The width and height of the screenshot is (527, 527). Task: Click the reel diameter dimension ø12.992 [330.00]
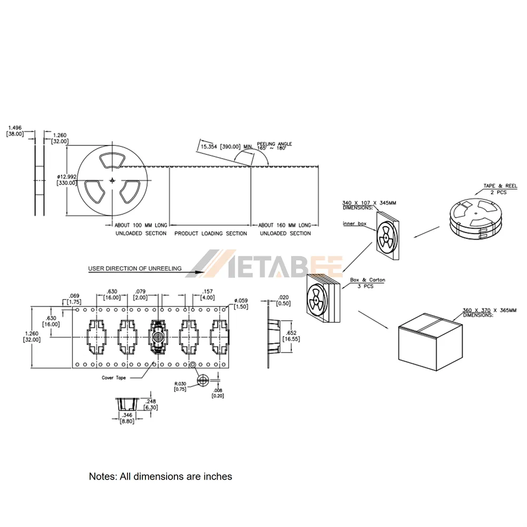click(67, 180)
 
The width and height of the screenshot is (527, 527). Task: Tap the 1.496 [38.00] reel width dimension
click(15, 131)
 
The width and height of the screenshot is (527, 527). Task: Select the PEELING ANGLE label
click(274, 146)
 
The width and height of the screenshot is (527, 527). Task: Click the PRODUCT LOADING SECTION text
click(211, 233)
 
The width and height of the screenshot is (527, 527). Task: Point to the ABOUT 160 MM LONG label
click(285, 225)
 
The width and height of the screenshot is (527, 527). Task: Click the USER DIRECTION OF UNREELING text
click(135, 269)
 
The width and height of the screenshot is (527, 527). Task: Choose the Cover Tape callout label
click(114, 378)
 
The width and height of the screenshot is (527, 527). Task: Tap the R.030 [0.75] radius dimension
click(180, 386)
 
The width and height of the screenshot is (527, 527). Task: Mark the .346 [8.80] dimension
click(127, 418)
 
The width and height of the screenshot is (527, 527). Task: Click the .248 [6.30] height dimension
click(151, 404)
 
